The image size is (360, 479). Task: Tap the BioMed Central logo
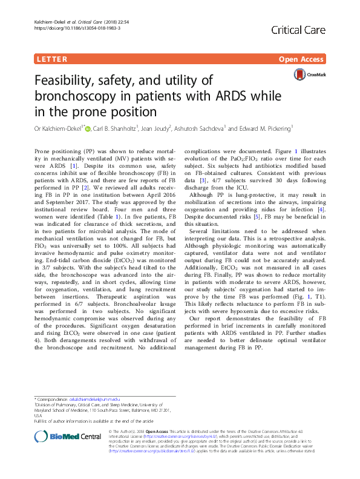59,437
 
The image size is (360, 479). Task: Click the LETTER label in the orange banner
51,59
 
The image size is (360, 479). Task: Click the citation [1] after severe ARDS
74,165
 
